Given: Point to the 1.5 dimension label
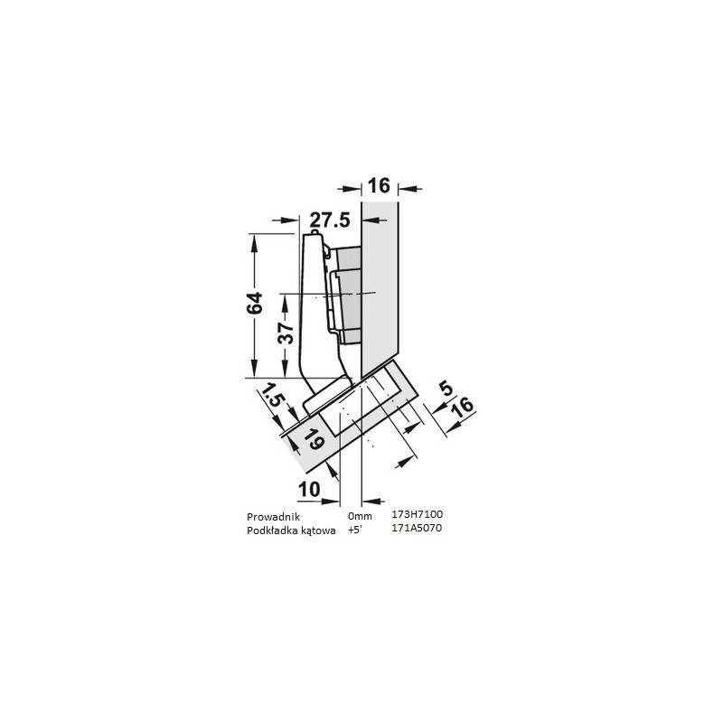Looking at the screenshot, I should click(270, 399).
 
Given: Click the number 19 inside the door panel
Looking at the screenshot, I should click(313, 440).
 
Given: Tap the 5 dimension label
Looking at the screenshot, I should click(446, 390).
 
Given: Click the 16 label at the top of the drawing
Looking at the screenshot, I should click(379, 187).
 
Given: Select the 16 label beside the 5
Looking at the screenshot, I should click(461, 408).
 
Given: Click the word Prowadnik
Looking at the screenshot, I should click(272, 516).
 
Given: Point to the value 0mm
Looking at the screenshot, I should click(359, 516).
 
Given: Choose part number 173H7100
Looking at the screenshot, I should click(417, 514).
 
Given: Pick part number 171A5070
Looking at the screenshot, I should click(417, 528).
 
